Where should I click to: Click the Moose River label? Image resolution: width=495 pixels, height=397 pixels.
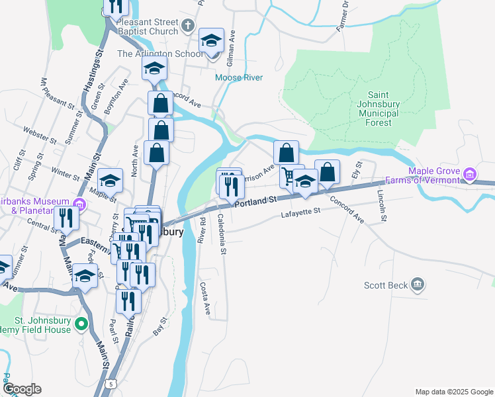pyautogui.click(x=239, y=78)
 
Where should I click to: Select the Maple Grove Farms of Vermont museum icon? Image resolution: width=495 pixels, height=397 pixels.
pyautogui.click(x=470, y=175)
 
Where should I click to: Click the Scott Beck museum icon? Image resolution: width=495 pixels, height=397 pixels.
pyautogui.click(x=417, y=285)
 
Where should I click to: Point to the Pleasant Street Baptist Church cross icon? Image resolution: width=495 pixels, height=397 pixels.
pyautogui.click(x=188, y=26)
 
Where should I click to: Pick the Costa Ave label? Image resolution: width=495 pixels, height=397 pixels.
pyautogui.click(x=205, y=299)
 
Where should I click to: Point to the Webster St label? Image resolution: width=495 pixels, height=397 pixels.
pyautogui.click(x=40, y=134)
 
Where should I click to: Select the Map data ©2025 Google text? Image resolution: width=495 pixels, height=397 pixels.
pyautogui.click(x=453, y=392)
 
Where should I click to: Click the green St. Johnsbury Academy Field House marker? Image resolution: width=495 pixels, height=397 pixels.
pyautogui.click(x=81, y=324)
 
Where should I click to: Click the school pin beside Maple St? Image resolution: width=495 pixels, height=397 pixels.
pyautogui.click(x=111, y=180)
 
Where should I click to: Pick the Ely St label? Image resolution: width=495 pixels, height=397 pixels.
pyautogui.click(x=358, y=169)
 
